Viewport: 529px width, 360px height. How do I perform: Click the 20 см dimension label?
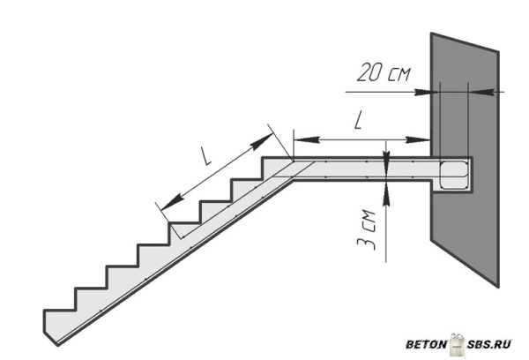[x=384, y=72]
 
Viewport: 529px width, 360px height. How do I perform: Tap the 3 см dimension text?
[x=366, y=230]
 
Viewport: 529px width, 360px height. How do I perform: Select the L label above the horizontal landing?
[x=358, y=121]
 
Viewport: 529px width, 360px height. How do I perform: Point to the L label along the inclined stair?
[x=205, y=155]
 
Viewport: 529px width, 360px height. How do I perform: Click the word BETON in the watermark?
[x=426, y=344]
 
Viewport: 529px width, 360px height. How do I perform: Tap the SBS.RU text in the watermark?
[x=488, y=344]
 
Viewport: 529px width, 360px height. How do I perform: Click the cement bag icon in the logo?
[x=457, y=344]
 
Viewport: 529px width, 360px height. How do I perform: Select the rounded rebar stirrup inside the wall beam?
[x=454, y=175]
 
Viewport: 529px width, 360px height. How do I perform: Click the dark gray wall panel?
[x=465, y=159]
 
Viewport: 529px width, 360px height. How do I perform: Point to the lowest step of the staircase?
[x=59, y=310]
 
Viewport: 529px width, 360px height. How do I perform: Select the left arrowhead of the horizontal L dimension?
[x=307, y=139]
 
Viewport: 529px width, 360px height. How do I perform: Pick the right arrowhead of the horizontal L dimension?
[x=418, y=139]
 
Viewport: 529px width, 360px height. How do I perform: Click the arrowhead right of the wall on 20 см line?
[x=481, y=92]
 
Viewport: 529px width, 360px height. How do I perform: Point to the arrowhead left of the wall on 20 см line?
[x=422, y=92]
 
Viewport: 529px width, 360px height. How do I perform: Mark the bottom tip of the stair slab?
[x=57, y=345]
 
